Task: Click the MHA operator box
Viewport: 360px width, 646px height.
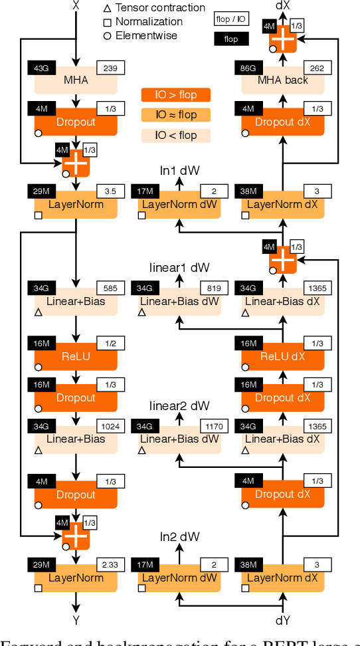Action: (76, 80)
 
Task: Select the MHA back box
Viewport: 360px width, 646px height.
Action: (283, 80)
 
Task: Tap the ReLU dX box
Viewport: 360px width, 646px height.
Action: (283, 357)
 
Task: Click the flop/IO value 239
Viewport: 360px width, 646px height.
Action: (110, 67)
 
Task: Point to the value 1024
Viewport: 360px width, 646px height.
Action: (110, 426)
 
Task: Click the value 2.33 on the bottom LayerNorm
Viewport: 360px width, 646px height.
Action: (110, 565)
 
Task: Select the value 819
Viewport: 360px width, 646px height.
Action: (214, 288)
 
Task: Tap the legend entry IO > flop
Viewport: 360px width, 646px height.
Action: (176, 95)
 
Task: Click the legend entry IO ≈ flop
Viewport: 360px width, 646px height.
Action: (176, 115)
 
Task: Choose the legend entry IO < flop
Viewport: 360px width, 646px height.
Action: (176, 136)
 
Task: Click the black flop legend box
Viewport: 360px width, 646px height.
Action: (230, 39)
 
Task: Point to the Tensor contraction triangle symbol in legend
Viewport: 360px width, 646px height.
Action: (107, 8)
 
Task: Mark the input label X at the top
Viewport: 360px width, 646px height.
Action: (76, 6)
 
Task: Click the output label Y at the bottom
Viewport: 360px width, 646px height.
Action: (76, 621)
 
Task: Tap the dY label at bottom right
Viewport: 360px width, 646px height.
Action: (283, 621)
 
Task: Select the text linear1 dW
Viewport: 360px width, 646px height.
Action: (179, 267)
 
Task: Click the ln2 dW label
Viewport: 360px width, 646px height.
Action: (179, 536)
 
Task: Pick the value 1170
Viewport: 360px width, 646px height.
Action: (214, 426)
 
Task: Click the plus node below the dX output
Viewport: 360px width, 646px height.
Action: (283, 39)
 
